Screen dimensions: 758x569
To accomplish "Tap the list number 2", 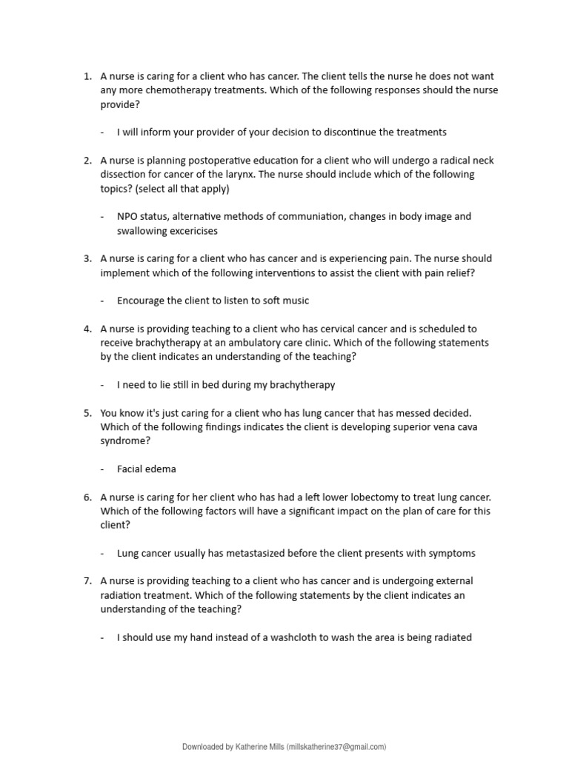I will pos(87,161).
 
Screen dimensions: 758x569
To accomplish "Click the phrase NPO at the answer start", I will pos(127,217).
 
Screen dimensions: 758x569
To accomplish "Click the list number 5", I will pos(87,413).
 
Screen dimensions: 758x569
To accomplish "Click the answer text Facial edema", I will pos(147,469).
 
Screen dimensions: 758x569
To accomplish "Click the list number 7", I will pos(87,581).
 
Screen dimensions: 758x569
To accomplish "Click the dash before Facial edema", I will pos(102,469).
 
